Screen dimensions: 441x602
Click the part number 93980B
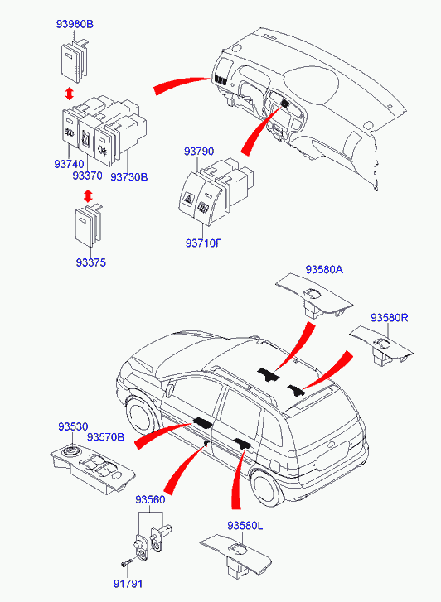click(75, 24)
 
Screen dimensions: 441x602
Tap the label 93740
click(69, 164)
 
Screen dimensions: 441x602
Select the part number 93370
click(88, 176)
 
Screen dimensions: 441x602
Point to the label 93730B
click(129, 177)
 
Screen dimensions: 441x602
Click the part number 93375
click(90, 263)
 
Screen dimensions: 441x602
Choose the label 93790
click(199, 152)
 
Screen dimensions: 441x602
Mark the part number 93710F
click(204, 243)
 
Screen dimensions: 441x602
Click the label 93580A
click(324, 269)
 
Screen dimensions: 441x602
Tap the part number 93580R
click(390, 318)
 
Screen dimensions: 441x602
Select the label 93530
click(73, 426)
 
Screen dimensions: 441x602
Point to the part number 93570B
click(106, 437)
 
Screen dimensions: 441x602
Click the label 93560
click(150, 500)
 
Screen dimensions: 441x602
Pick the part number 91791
click(128, 584)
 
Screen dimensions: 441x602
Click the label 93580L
click(245, 526)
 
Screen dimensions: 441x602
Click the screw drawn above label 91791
click(126, 563)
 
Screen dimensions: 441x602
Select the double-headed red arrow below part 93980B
click(69, 94)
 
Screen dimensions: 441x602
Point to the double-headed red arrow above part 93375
click(88, 195)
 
